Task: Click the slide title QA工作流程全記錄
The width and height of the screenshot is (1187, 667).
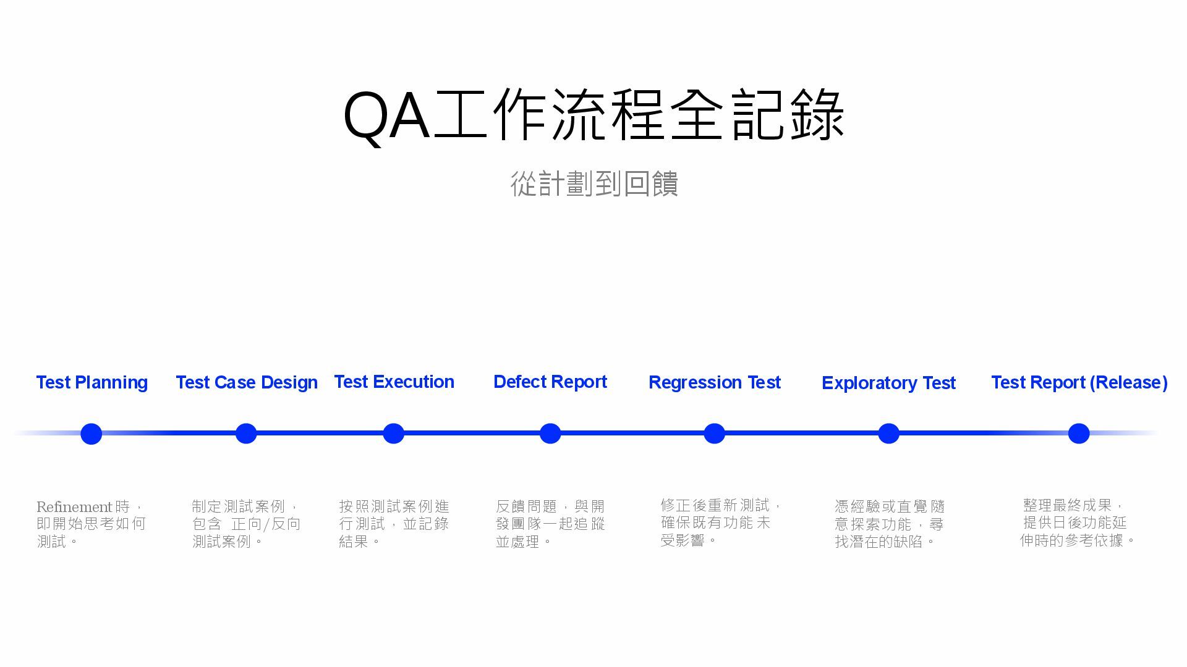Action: click(x=593, y=115)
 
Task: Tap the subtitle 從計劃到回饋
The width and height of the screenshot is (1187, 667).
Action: click(x=594, y=184)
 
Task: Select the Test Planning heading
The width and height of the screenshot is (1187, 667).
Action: click(x=92, y=382)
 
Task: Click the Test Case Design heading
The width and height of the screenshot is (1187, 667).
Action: click(x=247, y=382)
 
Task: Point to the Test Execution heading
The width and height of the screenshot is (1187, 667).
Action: click(x=394, y=382)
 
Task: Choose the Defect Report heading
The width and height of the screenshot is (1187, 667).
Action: click(x=550, y=382)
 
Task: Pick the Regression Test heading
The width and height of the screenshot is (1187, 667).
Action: click(x=715, y=382)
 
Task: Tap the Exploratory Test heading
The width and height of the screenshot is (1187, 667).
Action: click(x=888, y=383)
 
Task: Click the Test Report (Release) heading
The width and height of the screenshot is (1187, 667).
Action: click(x=1079, y=382)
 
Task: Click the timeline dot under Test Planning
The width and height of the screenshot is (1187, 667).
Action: click(x=91, y=434)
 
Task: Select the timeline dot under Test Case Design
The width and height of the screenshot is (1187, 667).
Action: click(x=246, y=434)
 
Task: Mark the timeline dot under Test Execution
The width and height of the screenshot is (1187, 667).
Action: click(x=393, y=434)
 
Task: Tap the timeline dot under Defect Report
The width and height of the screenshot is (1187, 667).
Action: click(x=550, y=434)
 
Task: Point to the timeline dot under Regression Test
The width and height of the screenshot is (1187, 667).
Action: click(x=714, y=434)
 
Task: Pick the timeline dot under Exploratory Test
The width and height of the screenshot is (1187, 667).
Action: click(x=888, y=434)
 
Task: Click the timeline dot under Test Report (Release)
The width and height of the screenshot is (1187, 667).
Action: click(x=1079, y=434)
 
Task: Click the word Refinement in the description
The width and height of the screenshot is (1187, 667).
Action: click(x=74, y=507)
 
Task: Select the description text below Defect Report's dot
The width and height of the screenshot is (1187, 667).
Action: click(x=550, y=524)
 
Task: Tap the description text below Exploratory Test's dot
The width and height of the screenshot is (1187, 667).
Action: click(x=889, y=524)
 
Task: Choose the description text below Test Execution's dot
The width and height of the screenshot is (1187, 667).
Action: click(x=394, y=524)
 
